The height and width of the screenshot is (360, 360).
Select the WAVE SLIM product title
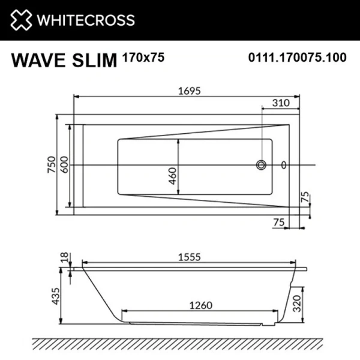pyautogui.click(x=64, y=61)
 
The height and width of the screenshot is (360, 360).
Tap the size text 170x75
pyautogui.click(x=143, y=58)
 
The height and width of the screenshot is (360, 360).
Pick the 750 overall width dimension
pyautogui.click(x=52, y=165)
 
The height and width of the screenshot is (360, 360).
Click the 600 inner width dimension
pyautogui.click(x=64, y=165)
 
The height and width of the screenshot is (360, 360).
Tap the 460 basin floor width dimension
pyautogui.click(x=173, y=176)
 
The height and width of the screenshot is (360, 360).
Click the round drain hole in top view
pyautogui.click(x=261, y=165)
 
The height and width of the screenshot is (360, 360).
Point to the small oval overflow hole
pyautogui.click(x=284, y=165)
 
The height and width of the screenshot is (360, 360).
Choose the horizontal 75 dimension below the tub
pyautogui.click(x=277, y=222)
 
